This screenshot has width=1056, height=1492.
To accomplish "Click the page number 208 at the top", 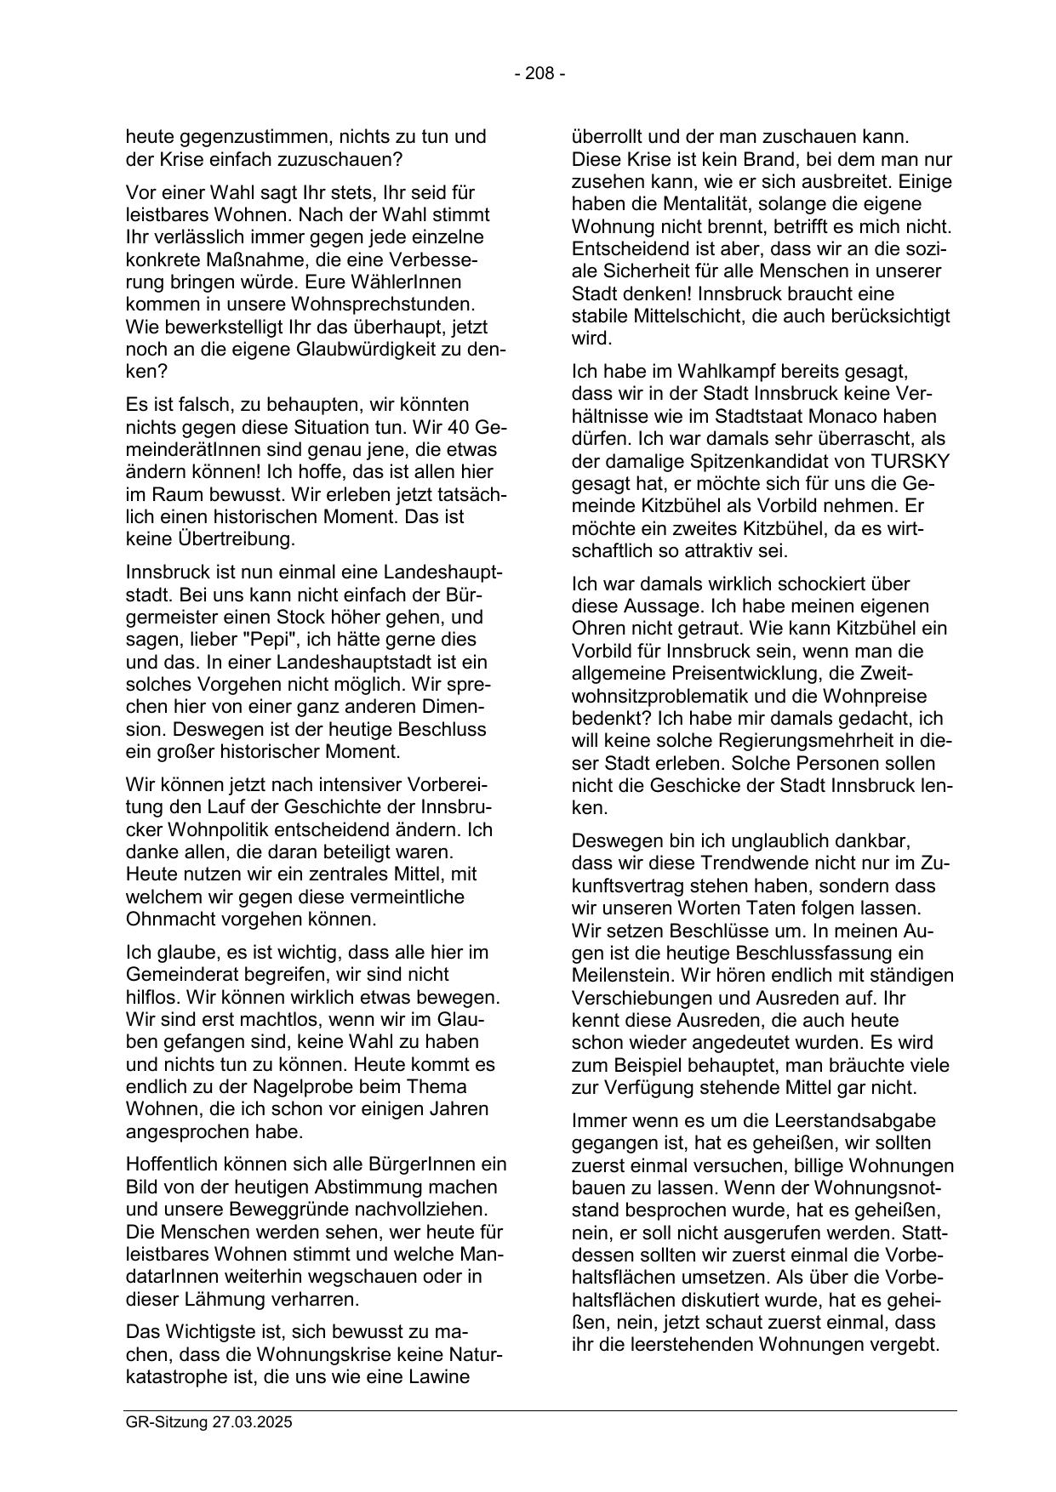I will (539, 74).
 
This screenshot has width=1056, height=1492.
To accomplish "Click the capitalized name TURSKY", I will (910, 461).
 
